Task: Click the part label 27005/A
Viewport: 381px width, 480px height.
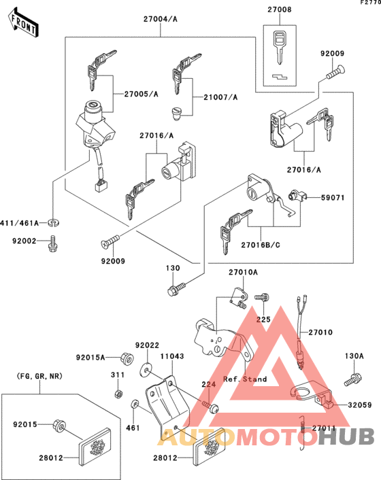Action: [141, 95]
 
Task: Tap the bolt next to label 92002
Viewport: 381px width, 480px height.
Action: [52, 243]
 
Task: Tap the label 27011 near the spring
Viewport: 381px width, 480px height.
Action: [325, 429]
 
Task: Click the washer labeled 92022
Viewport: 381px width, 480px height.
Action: [146, 371]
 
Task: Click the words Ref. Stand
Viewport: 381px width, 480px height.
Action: [245, 379]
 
